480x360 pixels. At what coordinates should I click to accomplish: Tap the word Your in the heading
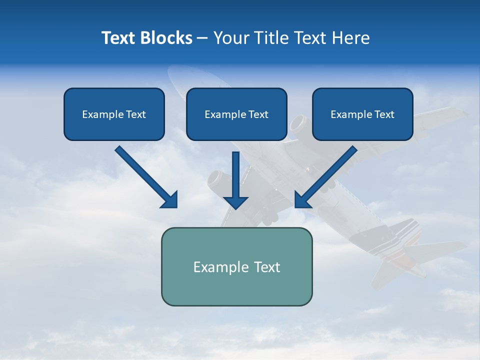[x=231, y=38]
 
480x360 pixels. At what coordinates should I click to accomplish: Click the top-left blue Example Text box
[x=114, y=114]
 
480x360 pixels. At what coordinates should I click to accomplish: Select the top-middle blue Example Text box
[x=236, y=114]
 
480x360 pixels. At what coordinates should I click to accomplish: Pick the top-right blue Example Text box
[x=362, y=114]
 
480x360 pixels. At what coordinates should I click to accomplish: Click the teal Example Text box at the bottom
[x=236, y=266]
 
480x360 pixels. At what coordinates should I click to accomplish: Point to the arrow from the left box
[x=145, y=176]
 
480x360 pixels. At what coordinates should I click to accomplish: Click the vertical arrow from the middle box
[x=236, y=177]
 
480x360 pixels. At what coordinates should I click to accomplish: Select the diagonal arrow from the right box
[x=327, y=176]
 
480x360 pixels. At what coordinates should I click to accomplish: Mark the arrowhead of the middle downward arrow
[x=236, y=202]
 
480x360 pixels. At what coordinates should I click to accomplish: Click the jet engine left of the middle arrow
[x=218, y=180]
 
